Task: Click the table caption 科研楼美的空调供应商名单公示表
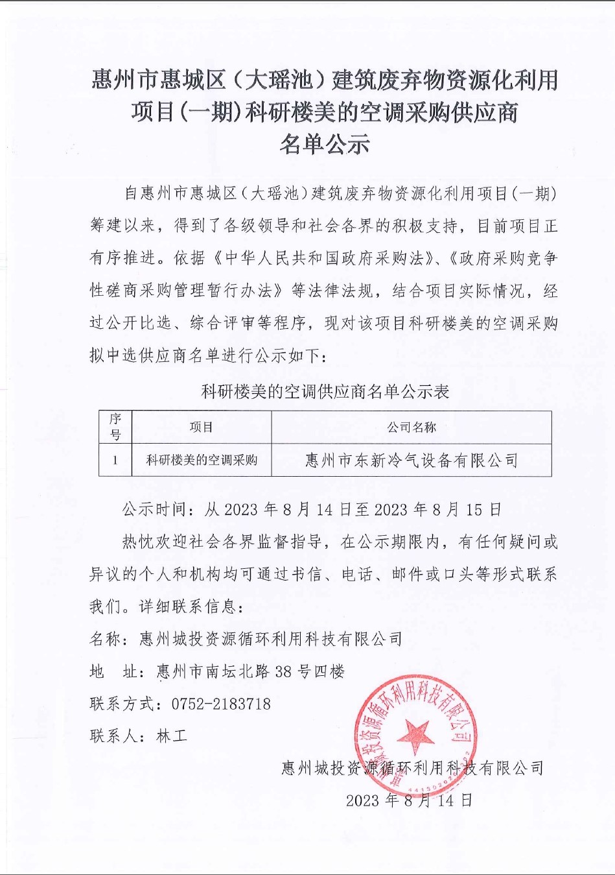[325, 392]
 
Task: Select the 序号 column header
[115, 427]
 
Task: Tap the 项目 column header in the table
[201, 427]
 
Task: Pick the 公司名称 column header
[412, 427]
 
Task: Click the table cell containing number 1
[115, 461]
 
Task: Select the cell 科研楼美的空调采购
[201, 461]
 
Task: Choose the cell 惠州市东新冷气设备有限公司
[412, 461]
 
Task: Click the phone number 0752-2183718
[221, 704]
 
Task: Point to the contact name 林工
[172, 736]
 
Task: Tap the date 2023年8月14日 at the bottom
[409, 800]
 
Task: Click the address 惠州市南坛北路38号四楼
[251, 671]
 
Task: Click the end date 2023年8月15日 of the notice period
[438, 510]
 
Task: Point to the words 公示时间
[154, 510]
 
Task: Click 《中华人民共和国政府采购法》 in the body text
[322, 258]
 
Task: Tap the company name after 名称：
[271, 639]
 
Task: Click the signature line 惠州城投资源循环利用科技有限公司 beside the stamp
[412, 769]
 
